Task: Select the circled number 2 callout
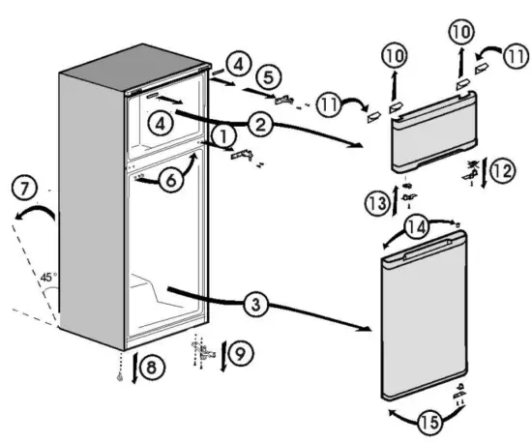coord(259,123)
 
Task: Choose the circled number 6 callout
coord(170,180)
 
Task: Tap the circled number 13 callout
coord(378,202)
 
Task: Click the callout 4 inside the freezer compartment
coord(160,123)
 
